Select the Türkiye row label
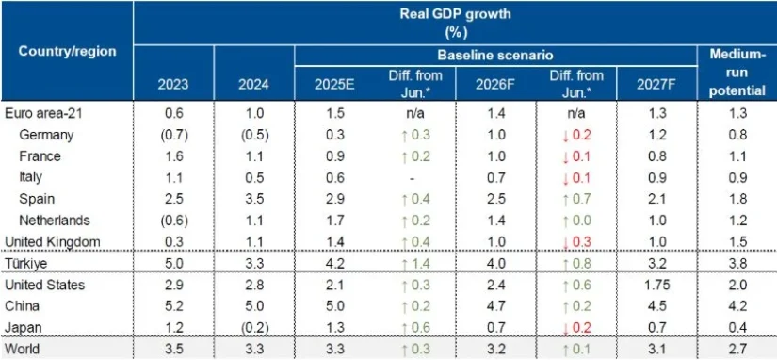(x=26, y=263)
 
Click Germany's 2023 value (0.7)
(x=174, y=135)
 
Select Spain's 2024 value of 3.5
(x=254, y=199)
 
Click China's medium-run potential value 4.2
(x=736, y=306)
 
